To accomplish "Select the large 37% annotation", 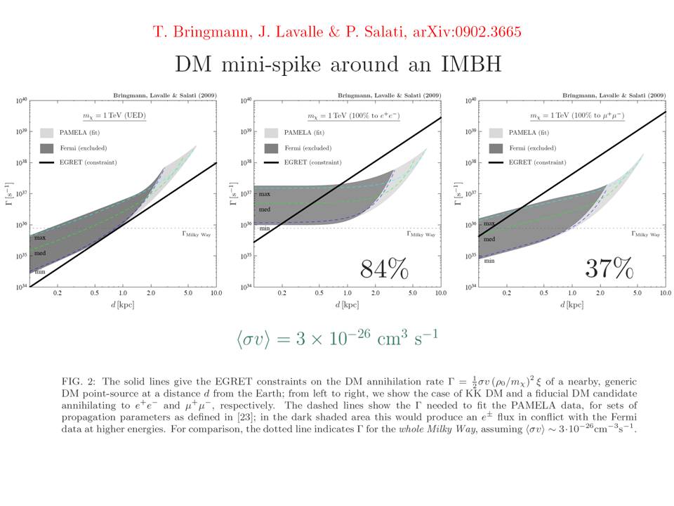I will [609, 268].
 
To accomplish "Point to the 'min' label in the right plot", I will [489, 261].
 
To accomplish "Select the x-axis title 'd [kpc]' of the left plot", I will [124, 305].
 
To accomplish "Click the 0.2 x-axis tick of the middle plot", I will [282, 292].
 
